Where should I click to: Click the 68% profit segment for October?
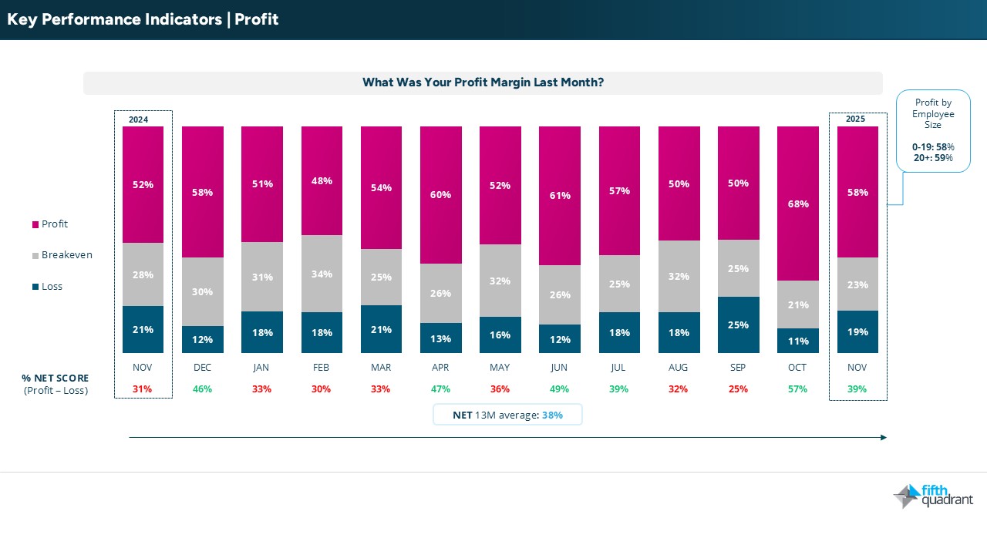click(x=798, y=203)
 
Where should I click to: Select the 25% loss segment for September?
click(x=739, y=325)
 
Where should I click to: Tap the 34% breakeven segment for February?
click(x=322, y=274)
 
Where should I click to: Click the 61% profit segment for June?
click(x=560, y=196)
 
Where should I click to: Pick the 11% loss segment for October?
click(x=798, y=341)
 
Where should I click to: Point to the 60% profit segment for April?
click(x=441, y=195)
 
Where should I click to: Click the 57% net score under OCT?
click(x=798, y=389)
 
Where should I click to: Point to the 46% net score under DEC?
click(x=203, y=389)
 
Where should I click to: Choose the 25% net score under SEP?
click(x=739, y=389)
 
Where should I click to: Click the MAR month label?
click(x=381, y=368)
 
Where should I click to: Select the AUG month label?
click(x=679, y=368)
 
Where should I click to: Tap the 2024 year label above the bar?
click(x=139, y=119)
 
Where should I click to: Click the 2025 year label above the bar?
click(x=856, y=119)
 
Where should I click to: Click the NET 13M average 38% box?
click(x=507, y=415)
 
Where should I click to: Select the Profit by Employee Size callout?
click(x=933, y=130)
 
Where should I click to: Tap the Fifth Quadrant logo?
click(x=933, y=496)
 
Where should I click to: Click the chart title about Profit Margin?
click(x=483, y=82)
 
